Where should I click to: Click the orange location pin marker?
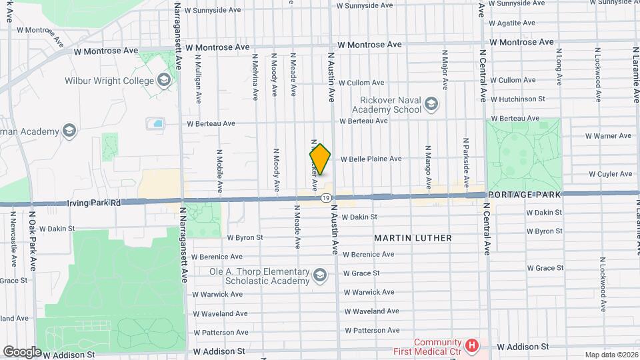tap(320, 159)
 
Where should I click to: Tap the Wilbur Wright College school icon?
tap(165, 81)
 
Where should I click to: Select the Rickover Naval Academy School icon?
tap(431, 103)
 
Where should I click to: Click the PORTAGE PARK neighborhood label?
tap(523, 194)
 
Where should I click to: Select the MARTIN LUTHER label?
tap(413, 238)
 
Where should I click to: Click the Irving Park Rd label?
tap(93, 202)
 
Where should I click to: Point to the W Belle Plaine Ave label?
tap(371, 159)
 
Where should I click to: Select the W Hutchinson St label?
tap(517, 99)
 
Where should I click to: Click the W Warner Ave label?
tap(607, 136)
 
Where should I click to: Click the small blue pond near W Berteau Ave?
tap(157, 123)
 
